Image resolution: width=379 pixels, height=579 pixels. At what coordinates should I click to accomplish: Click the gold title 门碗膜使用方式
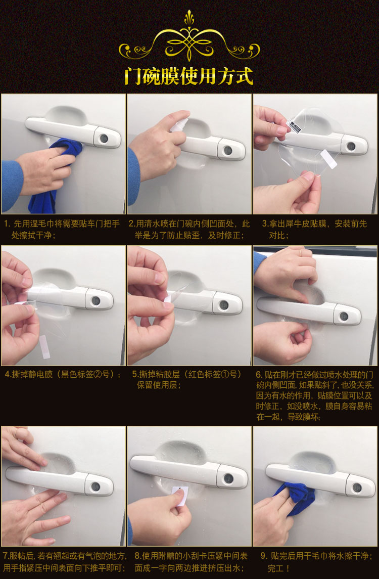coord(189,76)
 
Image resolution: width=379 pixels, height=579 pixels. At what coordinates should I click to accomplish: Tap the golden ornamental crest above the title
coord(189,35)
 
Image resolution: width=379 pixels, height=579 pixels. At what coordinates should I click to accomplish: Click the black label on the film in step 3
coord(294,125)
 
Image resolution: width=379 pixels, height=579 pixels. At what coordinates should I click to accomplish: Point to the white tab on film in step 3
coord(328,159)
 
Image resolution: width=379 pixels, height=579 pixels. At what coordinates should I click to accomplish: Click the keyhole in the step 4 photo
coord(96,300)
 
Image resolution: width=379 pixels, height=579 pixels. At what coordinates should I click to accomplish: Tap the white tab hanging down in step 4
coord(44,347)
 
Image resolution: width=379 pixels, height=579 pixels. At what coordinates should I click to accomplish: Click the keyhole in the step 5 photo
coord(224,305)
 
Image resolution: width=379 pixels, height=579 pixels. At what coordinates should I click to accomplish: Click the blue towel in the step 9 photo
coord(295,498)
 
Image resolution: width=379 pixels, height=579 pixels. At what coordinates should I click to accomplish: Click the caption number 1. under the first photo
coord(7,224)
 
